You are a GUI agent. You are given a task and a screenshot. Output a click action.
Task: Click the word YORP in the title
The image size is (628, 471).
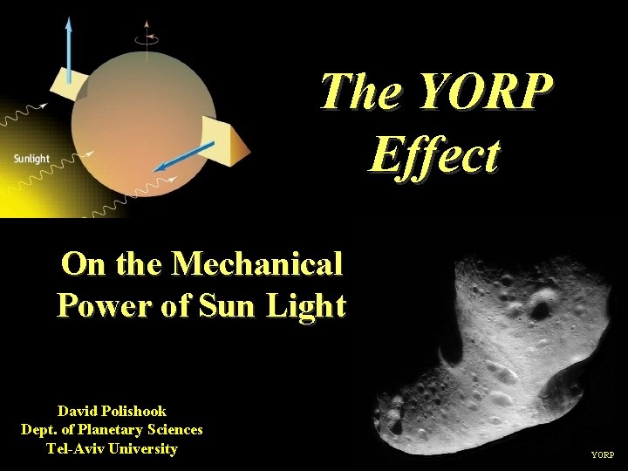(485, 92)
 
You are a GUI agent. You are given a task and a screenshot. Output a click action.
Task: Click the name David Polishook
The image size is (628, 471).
(112, 410)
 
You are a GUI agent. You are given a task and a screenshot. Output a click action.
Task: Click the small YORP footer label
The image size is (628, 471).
(603, 455)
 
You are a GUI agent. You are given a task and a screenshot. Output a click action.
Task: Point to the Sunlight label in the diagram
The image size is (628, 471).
(31, 159)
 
